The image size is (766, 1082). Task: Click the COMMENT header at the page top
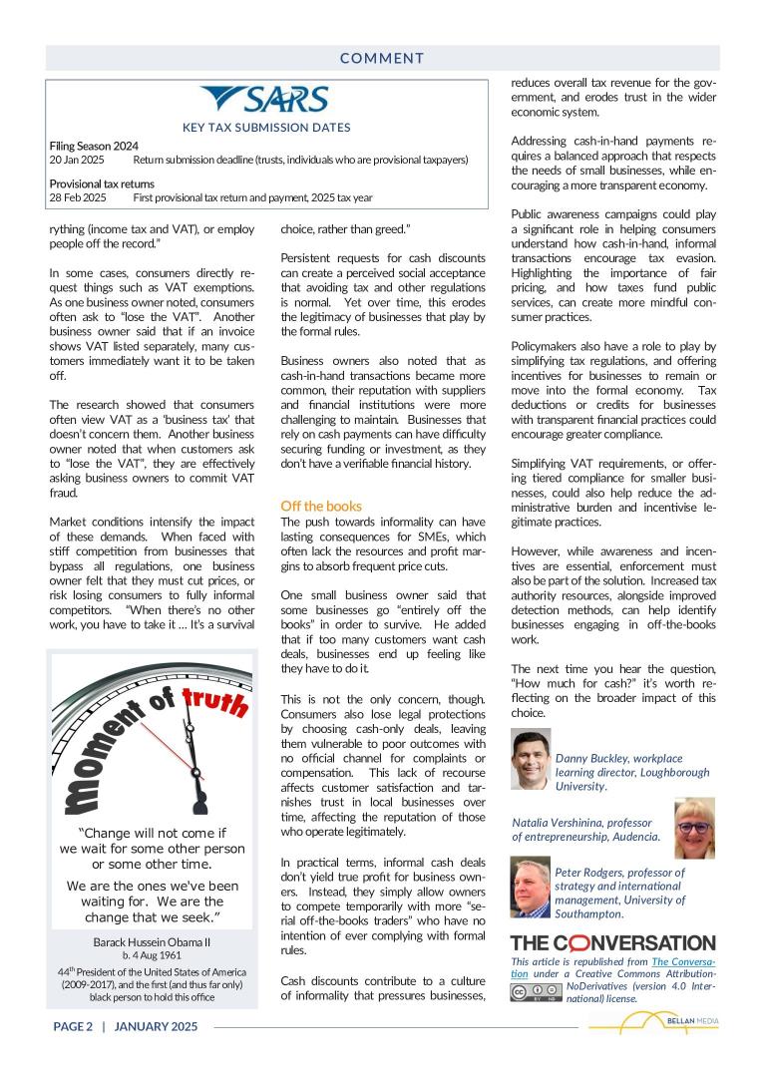[x=382, y=59]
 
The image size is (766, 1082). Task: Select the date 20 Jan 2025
[x=77, y=160]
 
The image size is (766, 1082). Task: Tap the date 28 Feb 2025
[x=78, y=197]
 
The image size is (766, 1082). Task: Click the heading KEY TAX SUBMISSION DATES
[x=266, y=127]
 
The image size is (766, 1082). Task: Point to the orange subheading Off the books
[x=321, y=506]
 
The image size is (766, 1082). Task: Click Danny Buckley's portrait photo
[x=531, y=760]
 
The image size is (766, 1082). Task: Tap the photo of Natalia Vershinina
[x=694, y=828]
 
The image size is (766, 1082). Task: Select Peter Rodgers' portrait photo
[x=531, y=890]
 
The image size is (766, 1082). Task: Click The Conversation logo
[x=612, y=942]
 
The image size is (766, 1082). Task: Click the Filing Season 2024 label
[x=94, y=146]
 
